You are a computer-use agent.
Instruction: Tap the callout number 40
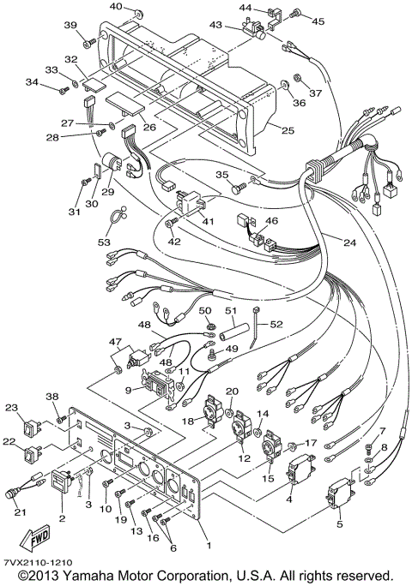(x=114, y=8)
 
